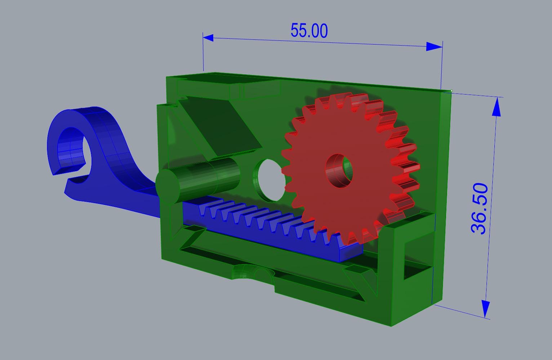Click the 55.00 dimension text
[309, 31]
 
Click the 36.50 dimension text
[480, 208]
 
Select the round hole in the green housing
[269, 180]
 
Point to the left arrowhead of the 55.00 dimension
[208, 37]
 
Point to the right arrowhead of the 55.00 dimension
[434, 46]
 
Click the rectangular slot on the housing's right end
[418, 256]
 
